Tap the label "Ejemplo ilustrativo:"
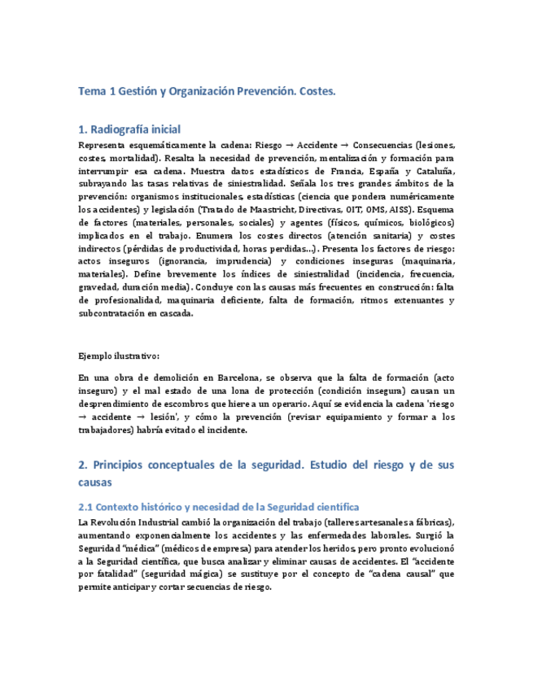tap(119, 356)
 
